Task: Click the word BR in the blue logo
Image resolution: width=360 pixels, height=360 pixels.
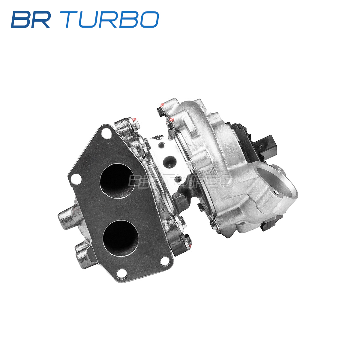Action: (x=31, y=19)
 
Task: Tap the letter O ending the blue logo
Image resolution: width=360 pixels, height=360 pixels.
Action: (x=149, y=19)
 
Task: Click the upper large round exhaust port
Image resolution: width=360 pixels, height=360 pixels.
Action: (x=117, y=181)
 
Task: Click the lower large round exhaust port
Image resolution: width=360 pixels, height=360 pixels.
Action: (x=121, y=238)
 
